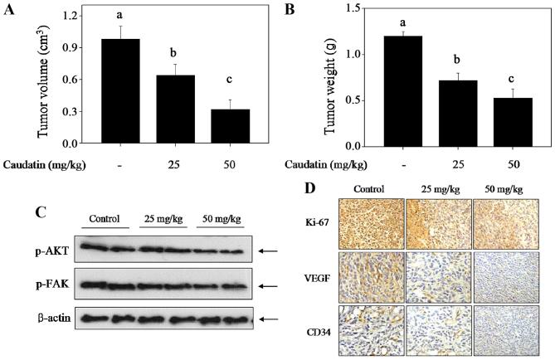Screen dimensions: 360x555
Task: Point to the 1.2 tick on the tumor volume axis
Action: coord(77,16)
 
